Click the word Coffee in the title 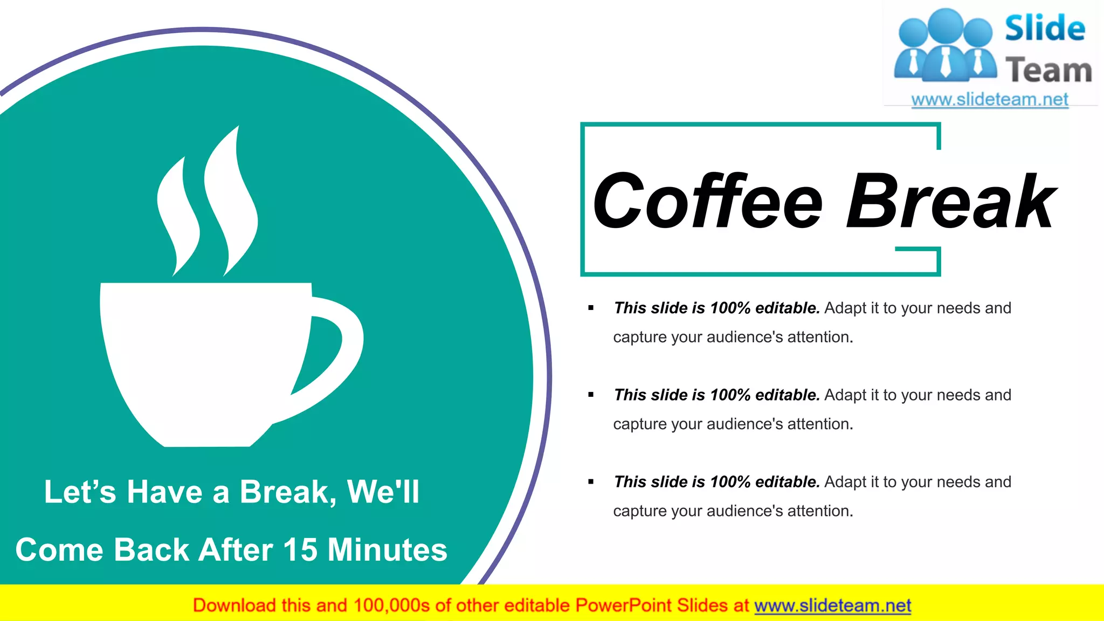tap(708, 201)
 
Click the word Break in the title tap(951, 201)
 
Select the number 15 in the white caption tap(300, 550)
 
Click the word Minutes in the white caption tap(388, 550)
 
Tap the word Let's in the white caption tap(80, 492)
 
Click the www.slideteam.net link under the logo tap(990, 100)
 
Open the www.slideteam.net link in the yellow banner tap(832, 606)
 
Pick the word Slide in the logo tap(1045, 29)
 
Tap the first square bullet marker tap(591, 308)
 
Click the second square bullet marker tap(591, 395)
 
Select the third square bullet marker tap(591, 482)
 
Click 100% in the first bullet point tap(730, 308)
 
